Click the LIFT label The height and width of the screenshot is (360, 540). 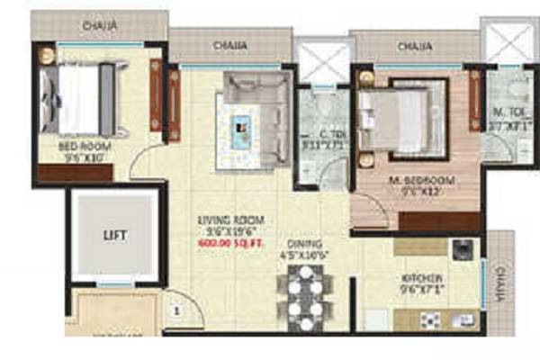[115, 236]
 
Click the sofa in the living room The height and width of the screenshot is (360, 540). [256, 90]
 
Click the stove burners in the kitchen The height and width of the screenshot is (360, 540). [431, 318]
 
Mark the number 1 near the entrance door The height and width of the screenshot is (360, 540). [177, 311]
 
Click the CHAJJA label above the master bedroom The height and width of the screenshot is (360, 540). [414, 44]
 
